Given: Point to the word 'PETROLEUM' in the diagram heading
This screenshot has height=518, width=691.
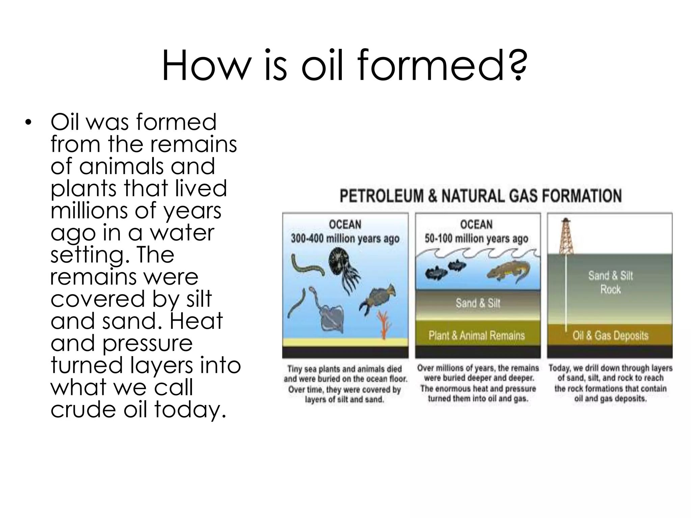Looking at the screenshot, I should point(381,196).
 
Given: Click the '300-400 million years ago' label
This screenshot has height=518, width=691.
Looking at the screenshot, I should point(345,239).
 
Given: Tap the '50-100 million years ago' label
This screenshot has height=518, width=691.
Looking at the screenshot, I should point(476,239).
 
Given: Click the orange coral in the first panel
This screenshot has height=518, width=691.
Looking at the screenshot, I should point(384,324).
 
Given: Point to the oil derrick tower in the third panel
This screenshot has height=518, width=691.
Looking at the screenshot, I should point(566,236).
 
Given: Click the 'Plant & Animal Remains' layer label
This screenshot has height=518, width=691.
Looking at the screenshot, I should point(476,335).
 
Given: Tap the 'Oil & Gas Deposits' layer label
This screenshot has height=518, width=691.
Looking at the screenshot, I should point(610,335).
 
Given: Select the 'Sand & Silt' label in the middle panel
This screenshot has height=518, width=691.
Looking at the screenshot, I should point(478,303).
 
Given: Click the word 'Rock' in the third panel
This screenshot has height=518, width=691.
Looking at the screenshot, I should point(610,289).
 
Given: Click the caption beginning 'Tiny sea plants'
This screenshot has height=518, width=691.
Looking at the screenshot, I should point(345,384).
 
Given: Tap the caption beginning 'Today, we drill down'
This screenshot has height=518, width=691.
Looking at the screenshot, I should point(610,383).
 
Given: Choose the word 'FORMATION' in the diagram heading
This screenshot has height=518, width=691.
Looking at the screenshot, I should point(582,196).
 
